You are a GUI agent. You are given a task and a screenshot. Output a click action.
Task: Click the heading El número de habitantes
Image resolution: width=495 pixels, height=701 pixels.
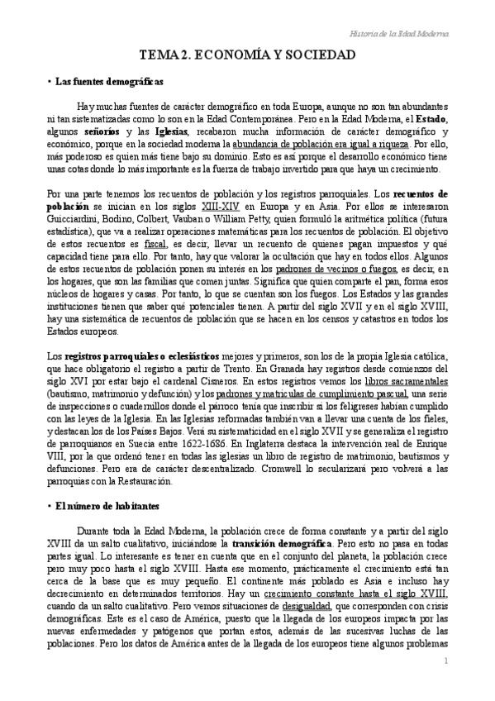107,504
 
